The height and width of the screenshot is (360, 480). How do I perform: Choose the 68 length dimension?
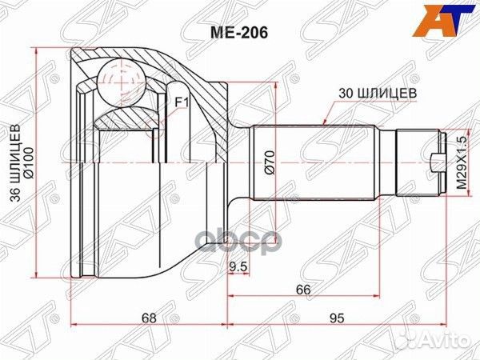click(x=150, y=318)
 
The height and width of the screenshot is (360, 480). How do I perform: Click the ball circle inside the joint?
click(x=118, y=80)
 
